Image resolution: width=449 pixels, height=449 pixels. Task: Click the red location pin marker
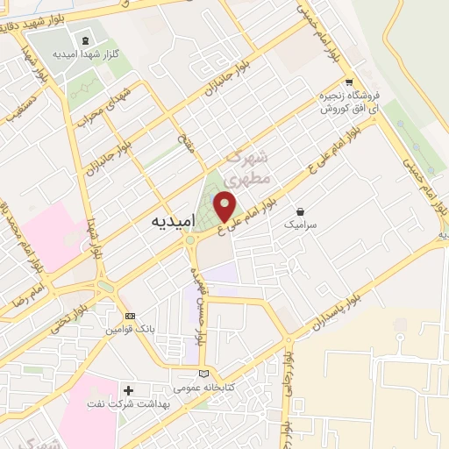coord(226,206)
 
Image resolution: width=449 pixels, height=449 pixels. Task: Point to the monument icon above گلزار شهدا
coord(85,40)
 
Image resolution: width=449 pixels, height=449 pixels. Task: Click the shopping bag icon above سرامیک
coord(302,211)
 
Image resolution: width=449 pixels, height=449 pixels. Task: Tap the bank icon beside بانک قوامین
coord(131,316)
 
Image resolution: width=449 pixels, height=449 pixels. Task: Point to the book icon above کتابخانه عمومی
coord(205,374)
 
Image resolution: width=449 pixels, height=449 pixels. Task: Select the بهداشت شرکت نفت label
coord(129,403)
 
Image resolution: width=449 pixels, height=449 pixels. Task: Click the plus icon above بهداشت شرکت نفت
coord(129,389)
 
